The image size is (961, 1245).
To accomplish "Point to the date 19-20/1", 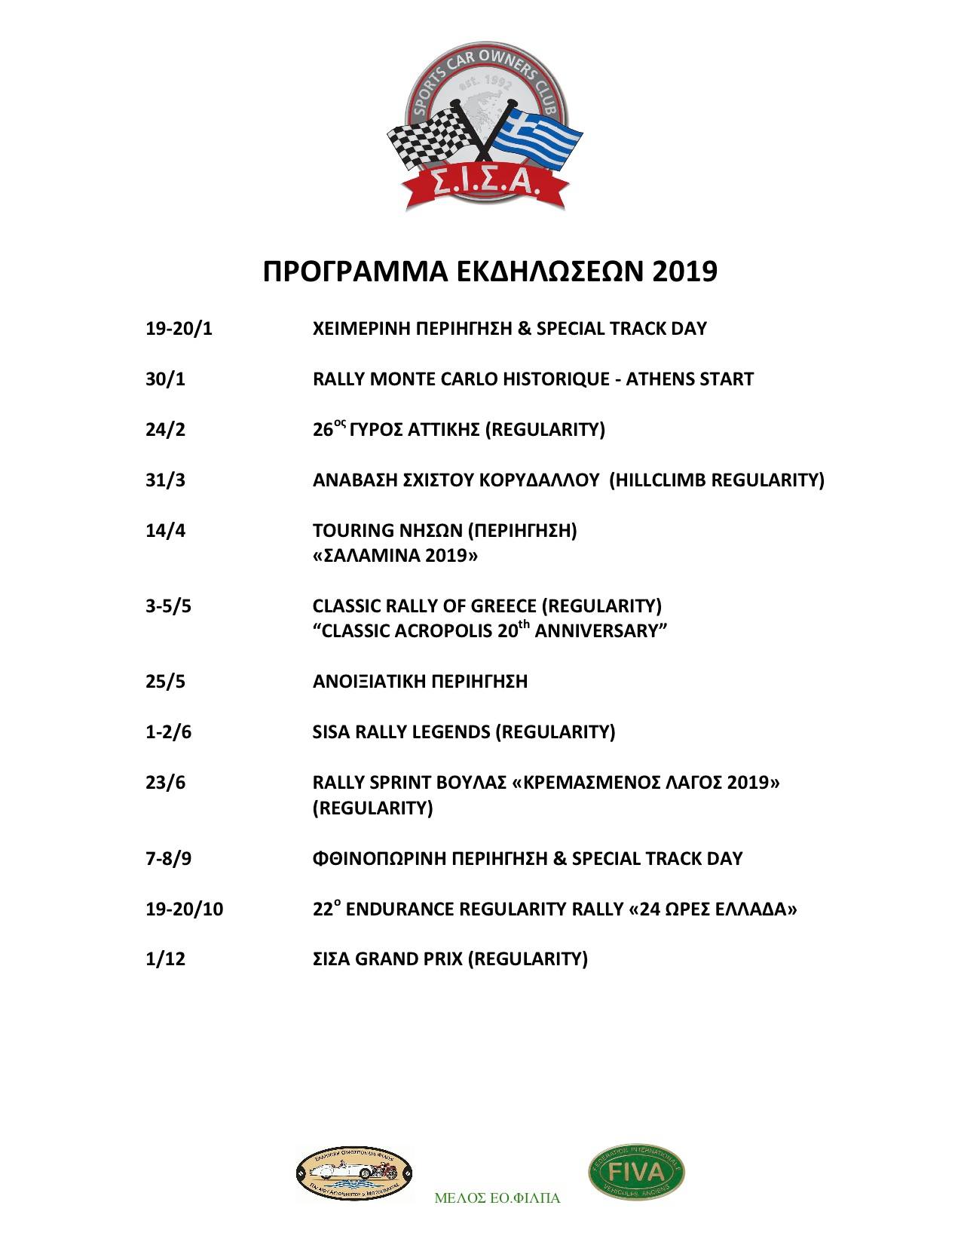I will point(179,330).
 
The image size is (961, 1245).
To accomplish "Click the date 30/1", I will point(165,379).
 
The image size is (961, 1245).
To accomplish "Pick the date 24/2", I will point(165,430).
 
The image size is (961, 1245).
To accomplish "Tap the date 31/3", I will point(165,480).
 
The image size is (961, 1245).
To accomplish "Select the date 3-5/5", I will point(168,606).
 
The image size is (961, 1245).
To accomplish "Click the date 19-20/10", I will point(184,909).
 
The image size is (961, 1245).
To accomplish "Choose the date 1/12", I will point(165,959).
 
